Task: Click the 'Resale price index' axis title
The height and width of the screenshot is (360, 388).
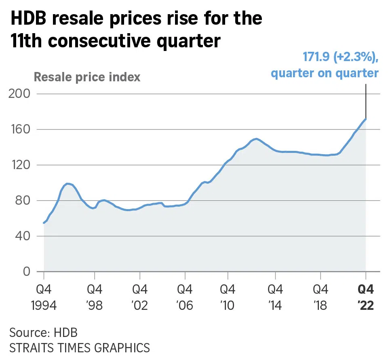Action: pyautogui.click(x=87, y=77)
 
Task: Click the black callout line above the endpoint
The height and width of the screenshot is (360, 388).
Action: pyautogui.click(x=366, y=101)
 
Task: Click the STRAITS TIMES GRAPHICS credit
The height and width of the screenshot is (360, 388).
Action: pyautogui.click(x=79, y=347)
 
